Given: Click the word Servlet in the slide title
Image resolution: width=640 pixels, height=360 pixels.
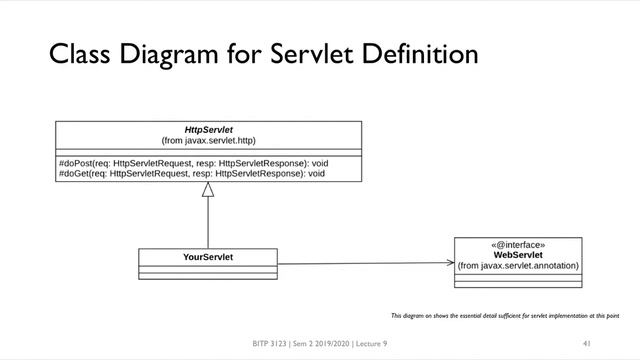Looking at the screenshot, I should pos(309,52).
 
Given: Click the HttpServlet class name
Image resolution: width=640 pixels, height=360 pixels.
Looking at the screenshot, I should pos(208,130).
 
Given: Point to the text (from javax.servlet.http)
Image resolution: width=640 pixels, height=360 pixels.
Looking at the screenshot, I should pos(208,142).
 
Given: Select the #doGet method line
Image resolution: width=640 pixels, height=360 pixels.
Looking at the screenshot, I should pos(192,172).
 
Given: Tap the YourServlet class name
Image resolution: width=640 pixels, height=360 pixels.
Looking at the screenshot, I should pos(208,257).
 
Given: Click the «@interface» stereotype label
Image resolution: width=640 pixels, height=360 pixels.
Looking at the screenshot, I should pos(517,243).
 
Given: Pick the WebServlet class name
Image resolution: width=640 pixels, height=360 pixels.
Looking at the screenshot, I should pos(517,254).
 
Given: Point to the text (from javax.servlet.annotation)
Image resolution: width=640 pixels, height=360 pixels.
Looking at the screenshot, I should pos(517,266).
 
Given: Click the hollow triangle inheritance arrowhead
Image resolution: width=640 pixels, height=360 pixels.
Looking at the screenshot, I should pos(208,190).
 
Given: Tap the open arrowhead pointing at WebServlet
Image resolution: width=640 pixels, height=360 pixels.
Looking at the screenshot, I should pos(448,263).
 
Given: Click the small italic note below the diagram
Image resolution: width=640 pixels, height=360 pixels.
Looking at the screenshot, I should pos(505,315).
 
